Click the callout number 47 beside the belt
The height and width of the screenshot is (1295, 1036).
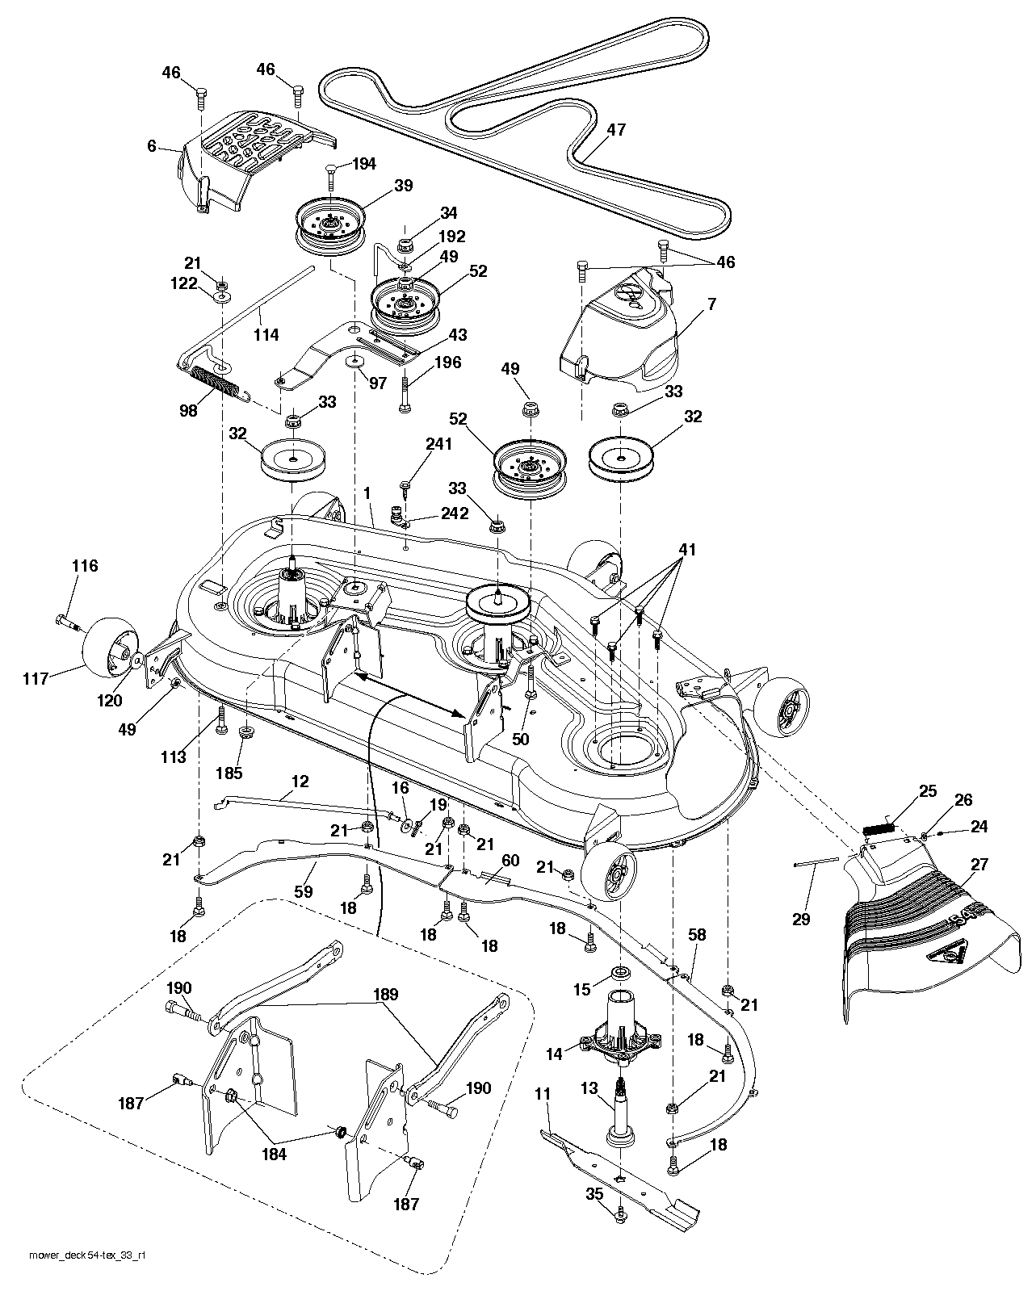(616, 129)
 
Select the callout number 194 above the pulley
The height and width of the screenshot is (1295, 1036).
(364, 164)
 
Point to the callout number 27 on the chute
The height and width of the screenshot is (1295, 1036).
(979, 865)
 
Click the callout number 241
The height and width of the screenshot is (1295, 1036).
(439, 444)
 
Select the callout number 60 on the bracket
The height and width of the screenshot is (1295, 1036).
(510, 861)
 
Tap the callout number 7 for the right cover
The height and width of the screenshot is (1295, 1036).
(711, 304)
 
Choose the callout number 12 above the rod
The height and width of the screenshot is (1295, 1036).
(300, 782)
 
